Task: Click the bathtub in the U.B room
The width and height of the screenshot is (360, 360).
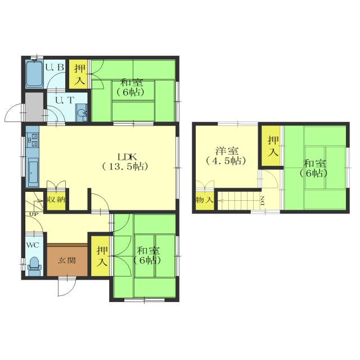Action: [x=34, y=74]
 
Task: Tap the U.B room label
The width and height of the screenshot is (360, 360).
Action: [x=55, y=67]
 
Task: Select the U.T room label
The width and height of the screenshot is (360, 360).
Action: [x=65, y=100]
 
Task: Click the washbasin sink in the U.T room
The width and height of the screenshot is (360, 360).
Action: [x=81, y=112]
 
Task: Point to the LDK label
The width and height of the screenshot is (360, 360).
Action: [x=127, y=157]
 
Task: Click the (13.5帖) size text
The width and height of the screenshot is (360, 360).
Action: [x=125, y=166]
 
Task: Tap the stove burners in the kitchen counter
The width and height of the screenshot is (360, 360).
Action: [x=33, y=141]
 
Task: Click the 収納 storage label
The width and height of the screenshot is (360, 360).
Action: [x=56, y=200]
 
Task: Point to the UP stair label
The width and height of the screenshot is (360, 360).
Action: [x=34, y=214]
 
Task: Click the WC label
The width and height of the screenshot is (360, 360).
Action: [x=33, y=245]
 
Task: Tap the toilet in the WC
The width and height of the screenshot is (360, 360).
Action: [x=34, y=266]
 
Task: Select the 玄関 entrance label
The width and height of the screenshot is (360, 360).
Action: [x=67, y=260]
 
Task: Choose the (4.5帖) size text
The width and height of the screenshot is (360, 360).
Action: [x=226, y=161]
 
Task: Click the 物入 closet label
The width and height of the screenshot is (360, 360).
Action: [x=205, y=200]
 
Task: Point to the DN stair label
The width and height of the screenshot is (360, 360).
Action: [x=263, y=201]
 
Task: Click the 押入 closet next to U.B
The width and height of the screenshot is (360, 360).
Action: [x=80, y=74]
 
